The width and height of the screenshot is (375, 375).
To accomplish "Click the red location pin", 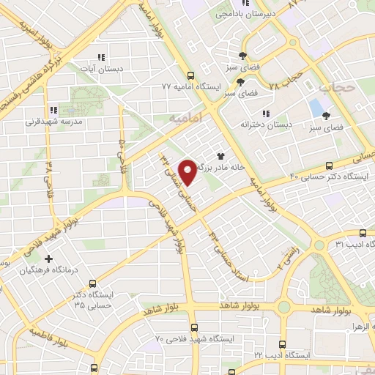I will click(x=189, y=172).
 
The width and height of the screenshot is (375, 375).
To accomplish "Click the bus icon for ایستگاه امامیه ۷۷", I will click(x=190, y=75).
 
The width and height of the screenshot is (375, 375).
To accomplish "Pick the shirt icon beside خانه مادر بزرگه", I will click(x=220, y=155).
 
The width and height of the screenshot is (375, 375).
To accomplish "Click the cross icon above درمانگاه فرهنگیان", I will click(x=49, y=259).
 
